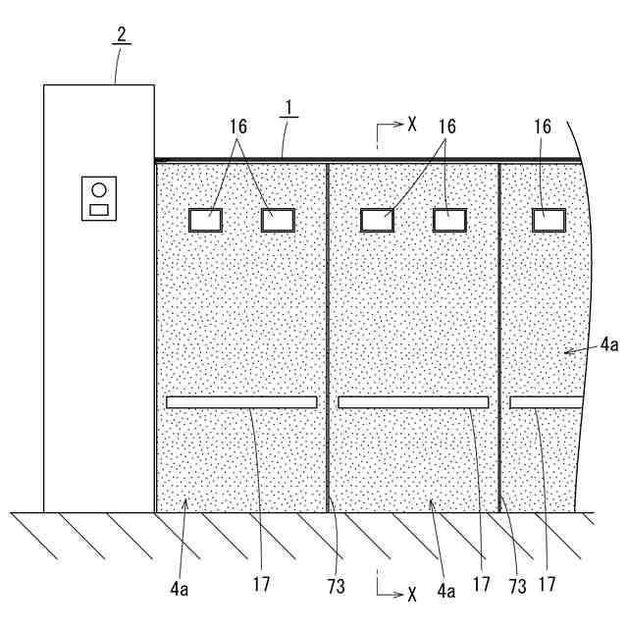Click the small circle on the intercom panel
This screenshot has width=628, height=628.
pyautogui.click(x=98, y=189)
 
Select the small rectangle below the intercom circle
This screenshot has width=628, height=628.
pyautogui.click(x=99, y=209)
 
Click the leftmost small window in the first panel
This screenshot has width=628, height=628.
pyautogui.click(x=205, y=220)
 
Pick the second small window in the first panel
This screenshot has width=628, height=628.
pyautogui.click(x=278, y=220)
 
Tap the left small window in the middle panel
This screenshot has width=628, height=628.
pyautogui.click(x=377, y=220)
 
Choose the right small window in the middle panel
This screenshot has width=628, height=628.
pyautogui.click(x=449, y=220)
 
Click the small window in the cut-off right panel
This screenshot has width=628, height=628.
pyautogui.click(x=549, y=220)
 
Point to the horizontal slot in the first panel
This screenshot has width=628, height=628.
pyautogui.click(x=241, y=402)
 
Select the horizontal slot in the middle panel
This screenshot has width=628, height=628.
pyautogui.click(x=413, y=402)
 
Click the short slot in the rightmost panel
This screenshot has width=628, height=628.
pyautogui.click(x=546, y=402)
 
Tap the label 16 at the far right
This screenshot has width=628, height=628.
pyautogui.click(x=544, y=126)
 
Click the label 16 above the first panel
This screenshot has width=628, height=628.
pyautogui.click(x=238, y=126)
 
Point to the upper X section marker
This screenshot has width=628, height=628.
pyautogui.click(x=412, y=125)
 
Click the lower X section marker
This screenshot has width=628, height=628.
pyautogui.click(x=412, y=594)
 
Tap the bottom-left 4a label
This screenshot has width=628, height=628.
pyautogui.click(x=178, y=590)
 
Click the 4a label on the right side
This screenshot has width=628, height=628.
pyautogui.click(x=609, y=343)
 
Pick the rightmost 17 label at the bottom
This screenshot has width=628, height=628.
pyautogui.click(x=547, y=585)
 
